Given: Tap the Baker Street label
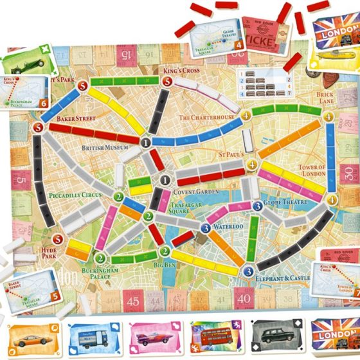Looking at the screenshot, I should coord(76,119).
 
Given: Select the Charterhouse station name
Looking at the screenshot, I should coord(206,118).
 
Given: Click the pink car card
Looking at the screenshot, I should coord(153,338).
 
